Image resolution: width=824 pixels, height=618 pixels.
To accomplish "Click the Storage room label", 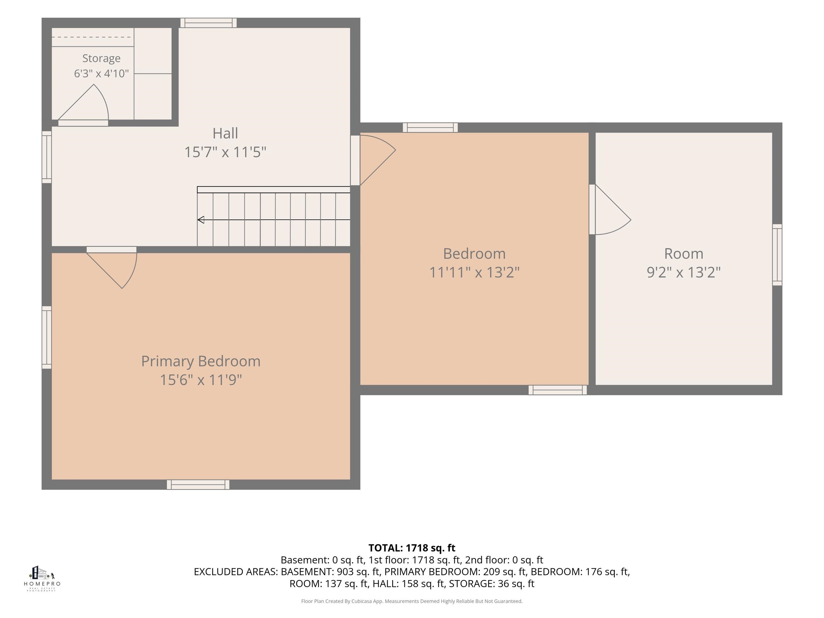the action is (101, 58).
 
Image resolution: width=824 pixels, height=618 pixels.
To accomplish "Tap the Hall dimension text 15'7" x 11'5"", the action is (225, 152).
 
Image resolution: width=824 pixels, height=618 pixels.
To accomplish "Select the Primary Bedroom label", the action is (201, 361).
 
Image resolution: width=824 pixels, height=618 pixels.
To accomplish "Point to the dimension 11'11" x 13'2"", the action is (474, 272).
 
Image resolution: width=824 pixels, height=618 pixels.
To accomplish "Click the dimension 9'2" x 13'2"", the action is (684, 272).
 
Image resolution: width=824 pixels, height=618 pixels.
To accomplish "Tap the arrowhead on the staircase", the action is (201, 220).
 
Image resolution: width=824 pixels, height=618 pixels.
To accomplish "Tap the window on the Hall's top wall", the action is (209, 23).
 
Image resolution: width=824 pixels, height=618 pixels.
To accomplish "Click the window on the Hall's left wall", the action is (46, 157).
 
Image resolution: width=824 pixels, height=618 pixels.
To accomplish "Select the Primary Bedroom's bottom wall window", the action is (198, 485).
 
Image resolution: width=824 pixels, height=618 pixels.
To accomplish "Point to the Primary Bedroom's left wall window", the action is (46, 338).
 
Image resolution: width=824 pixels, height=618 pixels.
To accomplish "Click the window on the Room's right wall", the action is (777, 255).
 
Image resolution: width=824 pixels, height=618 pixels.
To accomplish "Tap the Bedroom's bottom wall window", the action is (558, 390).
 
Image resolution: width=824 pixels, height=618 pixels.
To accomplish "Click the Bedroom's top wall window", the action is (430, 128).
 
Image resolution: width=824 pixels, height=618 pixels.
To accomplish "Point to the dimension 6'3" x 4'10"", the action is (101, 74).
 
